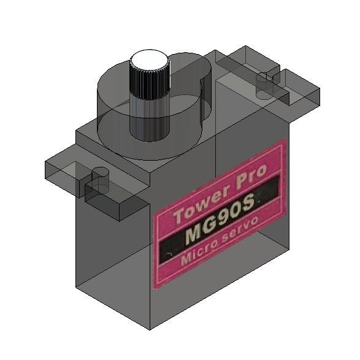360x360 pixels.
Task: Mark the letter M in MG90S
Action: pos(191,236)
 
